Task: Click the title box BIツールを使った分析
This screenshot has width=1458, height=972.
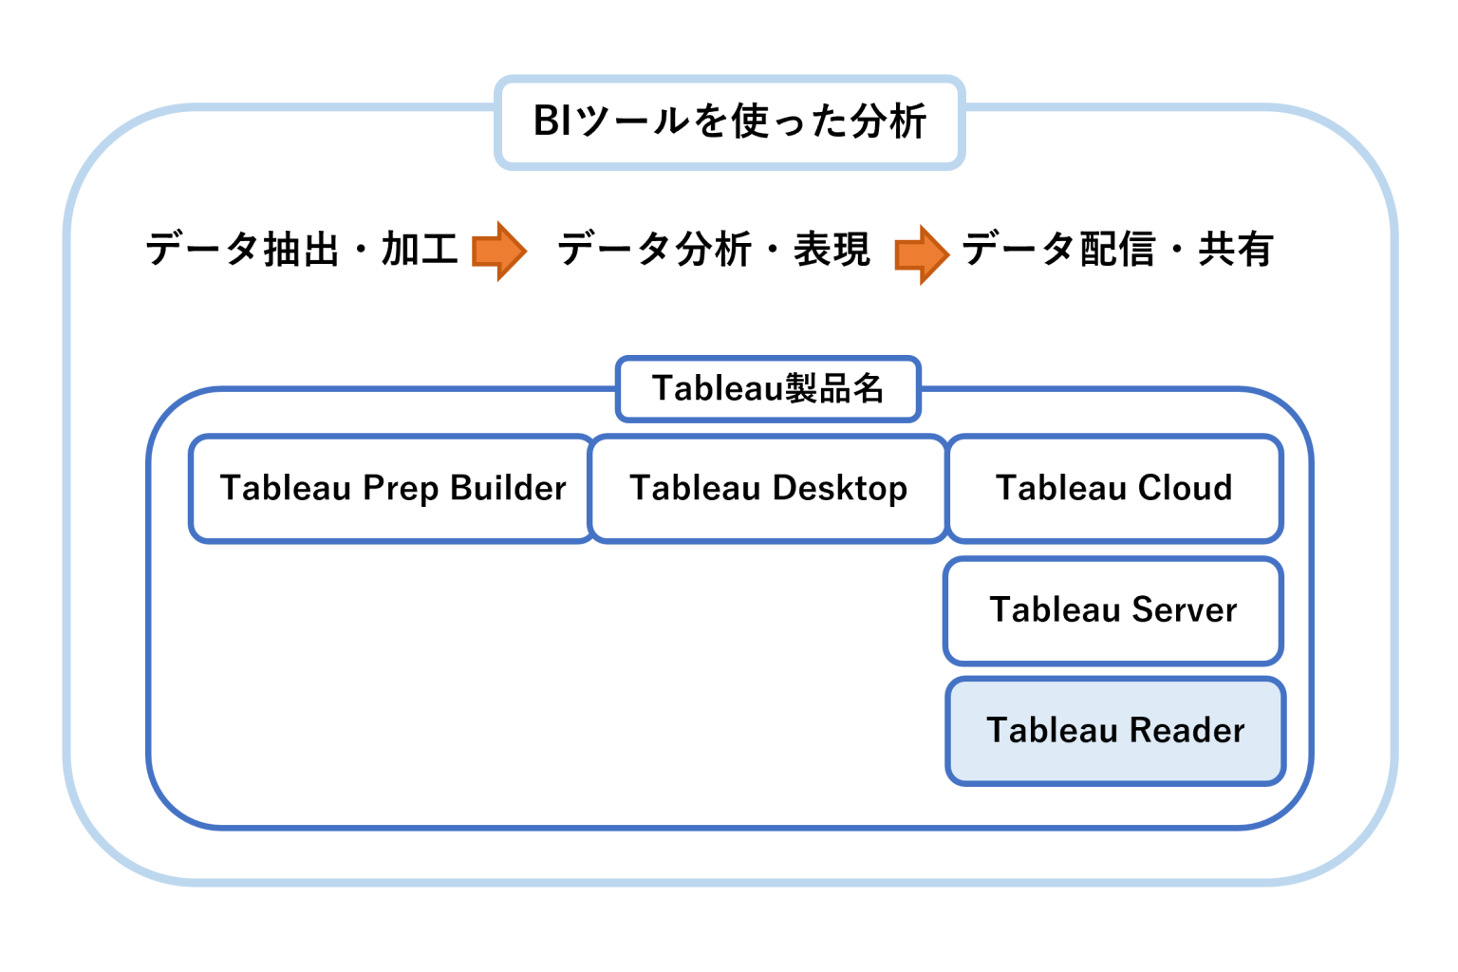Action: pyautogui.click(x=729, y=122)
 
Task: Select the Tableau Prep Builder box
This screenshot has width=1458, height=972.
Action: pyautogui.click(x=392, y=489)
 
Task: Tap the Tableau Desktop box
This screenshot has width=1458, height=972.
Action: pyautogui.click(x=768, y=489)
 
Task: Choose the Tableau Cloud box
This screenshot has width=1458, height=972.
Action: pyautogui.click(x=1114, y=489)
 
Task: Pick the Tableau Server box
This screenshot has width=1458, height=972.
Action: pyautogui.click(x=1113, y=610)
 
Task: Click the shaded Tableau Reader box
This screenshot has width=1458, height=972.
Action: pyautogui.click(x=1115, y=731)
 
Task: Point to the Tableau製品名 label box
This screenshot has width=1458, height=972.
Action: pyautogui.click(x=768, y=389)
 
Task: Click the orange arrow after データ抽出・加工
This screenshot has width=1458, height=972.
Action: pyautogui.click(x=499, y=251)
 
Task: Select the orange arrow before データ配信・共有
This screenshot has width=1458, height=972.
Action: pyautogui.click(x=921, y=253)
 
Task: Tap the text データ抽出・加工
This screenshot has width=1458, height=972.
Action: pyautogui.click(x=302, y=250)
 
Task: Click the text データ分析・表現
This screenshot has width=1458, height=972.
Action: pyautogui.click(x=714, y=250)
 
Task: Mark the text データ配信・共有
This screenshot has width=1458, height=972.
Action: pyautogui.click(x=1117, y=250)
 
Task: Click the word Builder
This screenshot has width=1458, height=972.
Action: pyautogui.click(x=508, y=488)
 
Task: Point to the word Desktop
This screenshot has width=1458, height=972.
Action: pyautogui.click(x=839, y=489)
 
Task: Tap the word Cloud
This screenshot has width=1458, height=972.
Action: pyautogui.click(x=1185, y=488)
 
